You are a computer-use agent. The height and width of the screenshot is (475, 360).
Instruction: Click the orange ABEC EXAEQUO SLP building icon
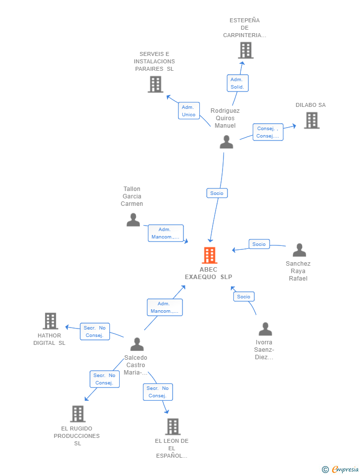210,255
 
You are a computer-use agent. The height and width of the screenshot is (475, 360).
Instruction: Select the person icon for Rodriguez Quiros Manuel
226,142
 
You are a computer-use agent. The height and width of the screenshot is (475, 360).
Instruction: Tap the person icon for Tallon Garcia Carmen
133,220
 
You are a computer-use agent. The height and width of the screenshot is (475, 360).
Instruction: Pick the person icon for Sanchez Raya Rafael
299,250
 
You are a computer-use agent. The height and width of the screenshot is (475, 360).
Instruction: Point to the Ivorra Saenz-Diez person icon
266,329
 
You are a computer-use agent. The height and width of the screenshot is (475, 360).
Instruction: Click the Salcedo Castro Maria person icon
137,344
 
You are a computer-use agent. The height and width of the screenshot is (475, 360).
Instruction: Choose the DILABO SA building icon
312,120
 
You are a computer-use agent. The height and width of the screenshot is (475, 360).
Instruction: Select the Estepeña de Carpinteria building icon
245,50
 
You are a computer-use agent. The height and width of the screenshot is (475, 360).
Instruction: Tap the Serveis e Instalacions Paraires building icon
155,84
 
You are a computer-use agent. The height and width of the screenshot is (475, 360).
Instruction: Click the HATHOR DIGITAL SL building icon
50,321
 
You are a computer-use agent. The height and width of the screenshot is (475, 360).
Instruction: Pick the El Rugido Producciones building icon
78,414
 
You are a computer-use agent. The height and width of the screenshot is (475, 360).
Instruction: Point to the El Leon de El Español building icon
173,427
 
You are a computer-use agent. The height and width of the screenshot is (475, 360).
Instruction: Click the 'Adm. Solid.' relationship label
237,83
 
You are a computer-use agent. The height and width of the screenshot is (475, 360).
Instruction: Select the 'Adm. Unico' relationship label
188,111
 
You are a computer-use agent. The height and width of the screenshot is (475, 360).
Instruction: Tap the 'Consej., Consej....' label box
268,132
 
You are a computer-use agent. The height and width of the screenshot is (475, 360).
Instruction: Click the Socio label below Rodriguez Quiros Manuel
217,193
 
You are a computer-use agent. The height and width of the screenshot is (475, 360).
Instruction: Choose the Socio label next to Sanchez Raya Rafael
259,244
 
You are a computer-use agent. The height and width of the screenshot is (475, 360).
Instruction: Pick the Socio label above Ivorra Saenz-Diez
243,296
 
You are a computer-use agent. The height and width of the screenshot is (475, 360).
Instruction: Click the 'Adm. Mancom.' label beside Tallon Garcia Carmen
165,233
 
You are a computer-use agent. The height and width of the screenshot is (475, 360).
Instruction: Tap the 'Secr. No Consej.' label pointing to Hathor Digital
94,332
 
